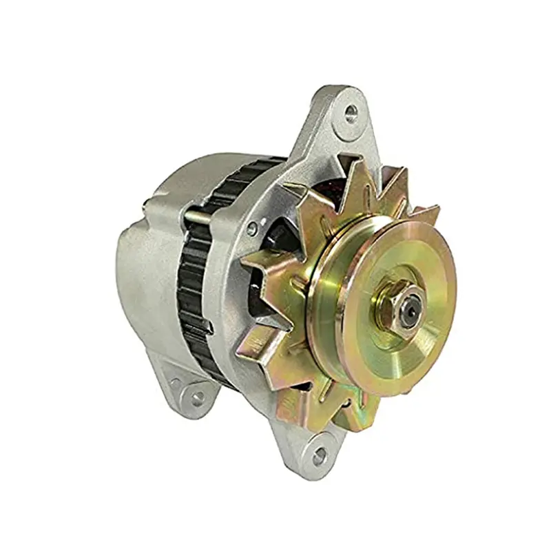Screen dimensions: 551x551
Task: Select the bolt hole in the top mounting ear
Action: pyautogui.click(x=351, y=110)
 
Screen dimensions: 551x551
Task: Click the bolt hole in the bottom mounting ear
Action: pyautogui.click(x=318, y=455)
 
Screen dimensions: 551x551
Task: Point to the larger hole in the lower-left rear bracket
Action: pyautogui.click(x=197, y=397)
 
